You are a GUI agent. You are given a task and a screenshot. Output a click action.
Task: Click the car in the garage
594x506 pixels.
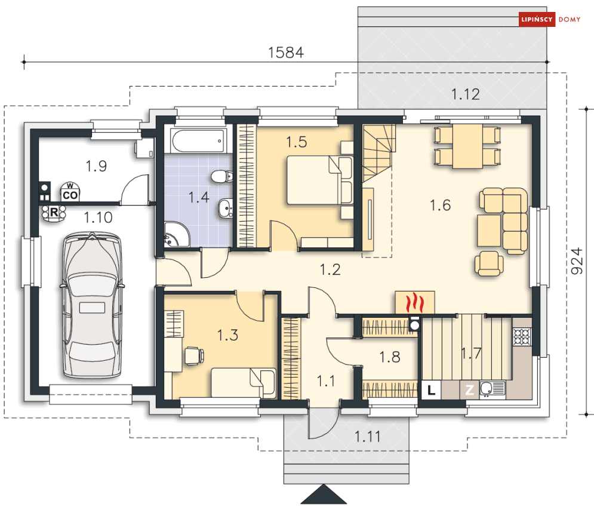pyautogui.click(x=92, y=305)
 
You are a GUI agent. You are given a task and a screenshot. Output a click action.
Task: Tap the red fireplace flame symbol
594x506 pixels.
pyautogui.click(x=415, y=302)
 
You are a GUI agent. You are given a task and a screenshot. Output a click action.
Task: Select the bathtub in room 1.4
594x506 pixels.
pyautogui.click(x=198, y=141)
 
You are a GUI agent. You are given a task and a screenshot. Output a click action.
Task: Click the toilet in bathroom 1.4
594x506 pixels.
pyautogui.click(x=222, y=177)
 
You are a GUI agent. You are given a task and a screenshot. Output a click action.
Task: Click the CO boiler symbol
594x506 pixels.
pyautogui.click(x=70, y=193)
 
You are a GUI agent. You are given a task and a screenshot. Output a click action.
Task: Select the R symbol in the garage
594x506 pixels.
pyautogui.click(x=54, y=212)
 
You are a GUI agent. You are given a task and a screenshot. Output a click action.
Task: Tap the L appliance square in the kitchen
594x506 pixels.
pyautogui.click(x=431, y=390)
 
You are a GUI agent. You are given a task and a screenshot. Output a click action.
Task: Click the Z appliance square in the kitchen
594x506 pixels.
pyautogui.click(x=469, y=390)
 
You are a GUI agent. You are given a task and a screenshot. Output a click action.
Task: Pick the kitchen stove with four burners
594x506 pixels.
pyautogui.click(x=522, y=336)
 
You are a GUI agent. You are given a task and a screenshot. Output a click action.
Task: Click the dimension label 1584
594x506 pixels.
pyautogui.click(x=286, y=53)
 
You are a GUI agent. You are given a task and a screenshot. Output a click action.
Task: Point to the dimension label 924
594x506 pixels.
pyautogui.click(x=577, y=261)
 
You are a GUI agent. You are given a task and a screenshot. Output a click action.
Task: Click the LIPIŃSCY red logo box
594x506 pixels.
pyautogui.click(x=537, y=19)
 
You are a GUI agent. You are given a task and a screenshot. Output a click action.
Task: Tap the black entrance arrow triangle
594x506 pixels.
pyautogui.click(x=324, y=494)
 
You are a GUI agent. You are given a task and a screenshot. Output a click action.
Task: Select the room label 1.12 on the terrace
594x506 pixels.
pyautogui.click(x=466, y=94)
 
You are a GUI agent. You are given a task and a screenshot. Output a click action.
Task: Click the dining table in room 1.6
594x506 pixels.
pyautogui.click(x=467, y=146)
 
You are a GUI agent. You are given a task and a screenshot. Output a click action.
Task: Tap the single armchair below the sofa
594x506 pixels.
pyautogui.click(x=489, y=263)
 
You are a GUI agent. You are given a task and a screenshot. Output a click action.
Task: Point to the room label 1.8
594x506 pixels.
pyautogui.click(x=390, y=357)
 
